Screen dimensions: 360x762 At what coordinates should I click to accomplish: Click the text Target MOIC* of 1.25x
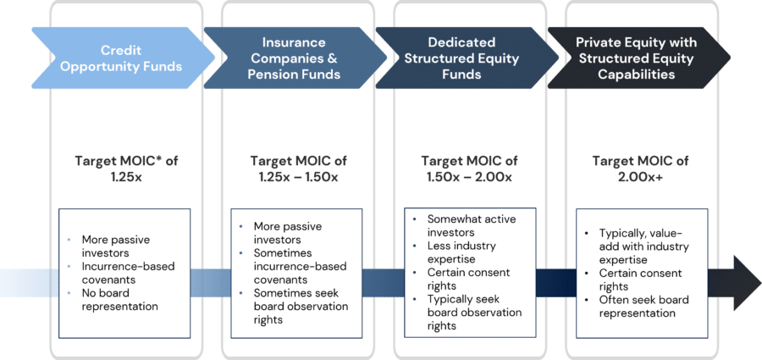click(x=126, y=168)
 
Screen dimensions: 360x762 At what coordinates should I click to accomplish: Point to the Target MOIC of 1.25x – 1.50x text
click(x=299, y=168)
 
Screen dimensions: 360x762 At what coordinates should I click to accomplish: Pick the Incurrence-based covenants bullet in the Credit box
click(x=127, y=273)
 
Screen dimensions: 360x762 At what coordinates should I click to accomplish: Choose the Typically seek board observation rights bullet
click(x=472, y=313)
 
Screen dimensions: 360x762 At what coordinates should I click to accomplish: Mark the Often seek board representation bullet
click(x=643, y=307)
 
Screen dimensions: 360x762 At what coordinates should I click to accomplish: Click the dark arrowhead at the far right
click(x=743, y=282)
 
